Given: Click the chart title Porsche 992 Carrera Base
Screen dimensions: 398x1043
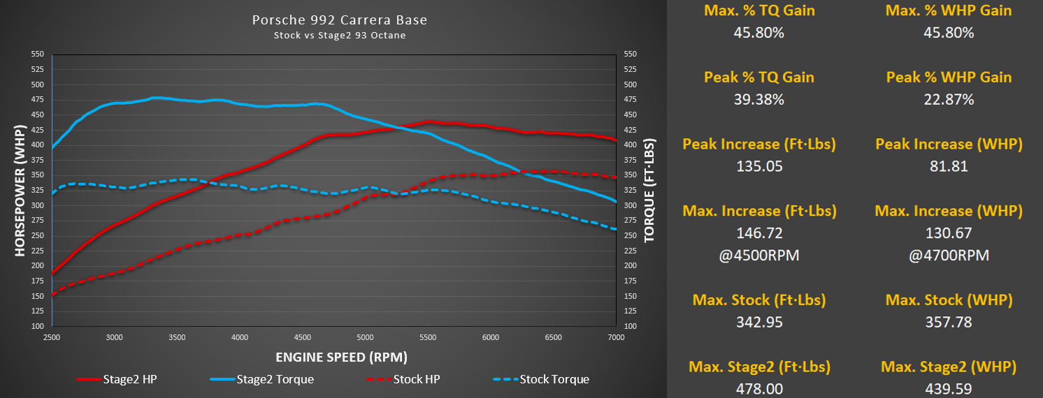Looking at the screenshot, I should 340,20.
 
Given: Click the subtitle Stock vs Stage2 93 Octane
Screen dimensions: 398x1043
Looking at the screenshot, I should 340,36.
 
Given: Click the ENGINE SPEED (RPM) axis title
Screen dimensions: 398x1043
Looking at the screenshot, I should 341,358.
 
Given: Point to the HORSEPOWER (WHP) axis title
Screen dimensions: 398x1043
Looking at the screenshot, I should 20,190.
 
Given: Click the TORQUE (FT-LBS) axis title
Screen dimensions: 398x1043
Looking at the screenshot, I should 649,190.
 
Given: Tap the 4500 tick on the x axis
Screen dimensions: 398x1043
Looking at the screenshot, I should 302,337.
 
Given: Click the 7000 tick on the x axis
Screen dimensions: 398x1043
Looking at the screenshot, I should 615,337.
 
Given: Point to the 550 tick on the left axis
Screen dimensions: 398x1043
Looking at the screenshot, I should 38,54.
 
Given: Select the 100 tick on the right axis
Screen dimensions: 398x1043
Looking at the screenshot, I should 629,326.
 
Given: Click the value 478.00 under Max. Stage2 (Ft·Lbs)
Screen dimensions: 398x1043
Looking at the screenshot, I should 759,389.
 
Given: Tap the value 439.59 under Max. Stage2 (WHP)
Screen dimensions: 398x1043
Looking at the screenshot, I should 949,389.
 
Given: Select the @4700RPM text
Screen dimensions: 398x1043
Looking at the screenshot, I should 949,256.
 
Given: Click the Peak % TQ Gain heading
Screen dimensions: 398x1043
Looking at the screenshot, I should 759,77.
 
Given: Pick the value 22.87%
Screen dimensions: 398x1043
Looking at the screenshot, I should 949,99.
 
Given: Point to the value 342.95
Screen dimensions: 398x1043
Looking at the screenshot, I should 759,322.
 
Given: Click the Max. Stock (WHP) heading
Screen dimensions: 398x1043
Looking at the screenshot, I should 949,300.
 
